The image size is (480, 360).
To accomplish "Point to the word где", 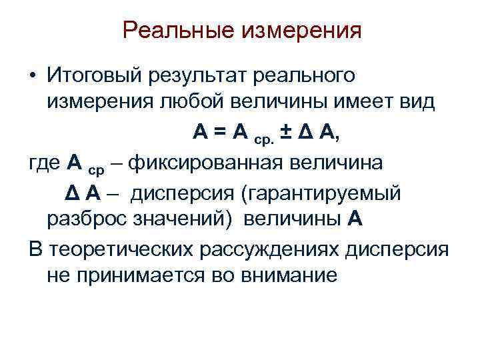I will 46,162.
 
